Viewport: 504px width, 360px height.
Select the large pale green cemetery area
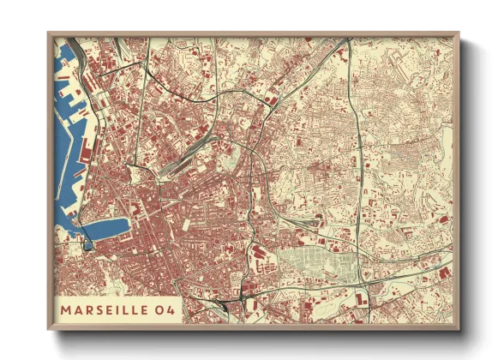coord(313,265)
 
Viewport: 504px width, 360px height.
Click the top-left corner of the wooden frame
coord(49,34)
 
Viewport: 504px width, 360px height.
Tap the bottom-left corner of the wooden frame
coord(49,328)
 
